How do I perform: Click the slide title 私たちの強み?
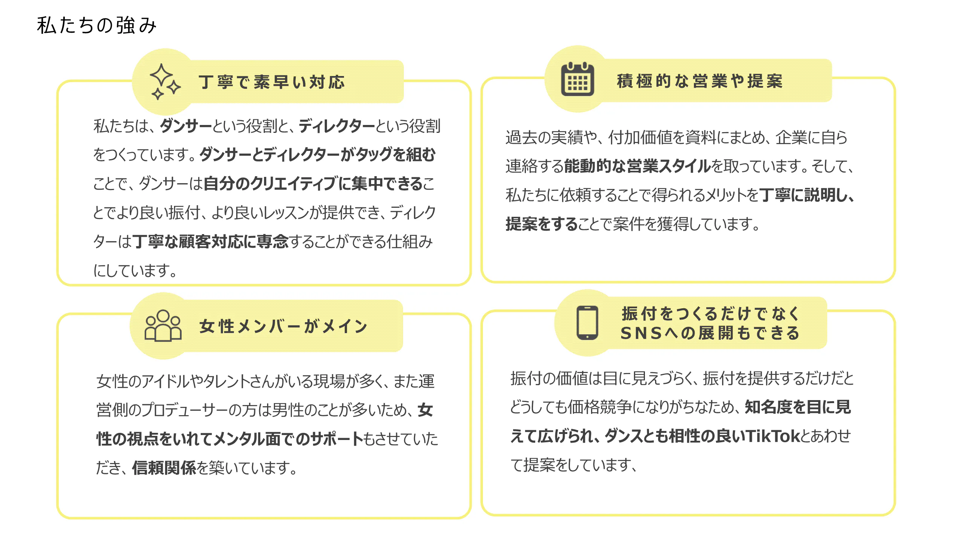[x=96, y=25]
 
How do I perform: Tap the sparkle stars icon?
[x=165, y=82]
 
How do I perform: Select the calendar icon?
[x=577, y=79]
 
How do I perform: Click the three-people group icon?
[x=163, y=326]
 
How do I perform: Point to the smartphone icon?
[x=587, y=323]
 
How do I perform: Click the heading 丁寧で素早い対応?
[x=272, y=82]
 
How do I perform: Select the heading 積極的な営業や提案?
[x=700, y=81]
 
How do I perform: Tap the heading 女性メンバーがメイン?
[x=283, y=326]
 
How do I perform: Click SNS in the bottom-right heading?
[x=641, y=333]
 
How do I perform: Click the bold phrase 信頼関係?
[x=164, y=468]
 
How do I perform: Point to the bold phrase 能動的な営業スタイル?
[x=637, y=166]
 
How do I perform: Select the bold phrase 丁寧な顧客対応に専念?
[x=210, y=242]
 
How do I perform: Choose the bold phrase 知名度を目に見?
[x=798, y=407]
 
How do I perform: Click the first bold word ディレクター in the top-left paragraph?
[x=337, y=126]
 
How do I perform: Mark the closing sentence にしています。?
[x=135, y=270]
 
